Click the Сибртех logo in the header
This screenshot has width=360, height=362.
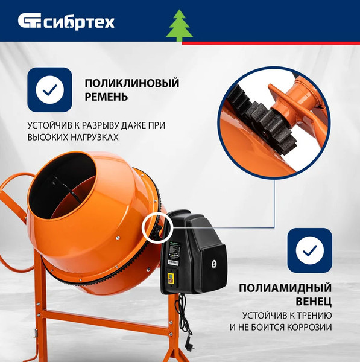click(x=66, y=22)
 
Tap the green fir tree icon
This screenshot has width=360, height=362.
click(x=179, y=25)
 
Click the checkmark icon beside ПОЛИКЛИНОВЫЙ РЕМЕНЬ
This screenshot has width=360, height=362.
click(x=49, y=90)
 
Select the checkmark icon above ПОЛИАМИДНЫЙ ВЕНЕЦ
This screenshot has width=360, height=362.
click(x=310, y=250)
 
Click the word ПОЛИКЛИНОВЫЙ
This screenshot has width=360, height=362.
click(x=132, y=83)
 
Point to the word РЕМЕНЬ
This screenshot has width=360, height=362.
click(x=106, y=97)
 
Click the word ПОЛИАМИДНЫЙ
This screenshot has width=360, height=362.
click(x=285, y=288)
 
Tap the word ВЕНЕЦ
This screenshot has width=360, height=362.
click(x=314, y=302)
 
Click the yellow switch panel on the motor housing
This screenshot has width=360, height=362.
click(x=171, y=278)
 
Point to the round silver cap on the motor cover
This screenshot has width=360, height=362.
click(x=213, y=264)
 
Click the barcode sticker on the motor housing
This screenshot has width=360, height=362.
click(x=173, y=262)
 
